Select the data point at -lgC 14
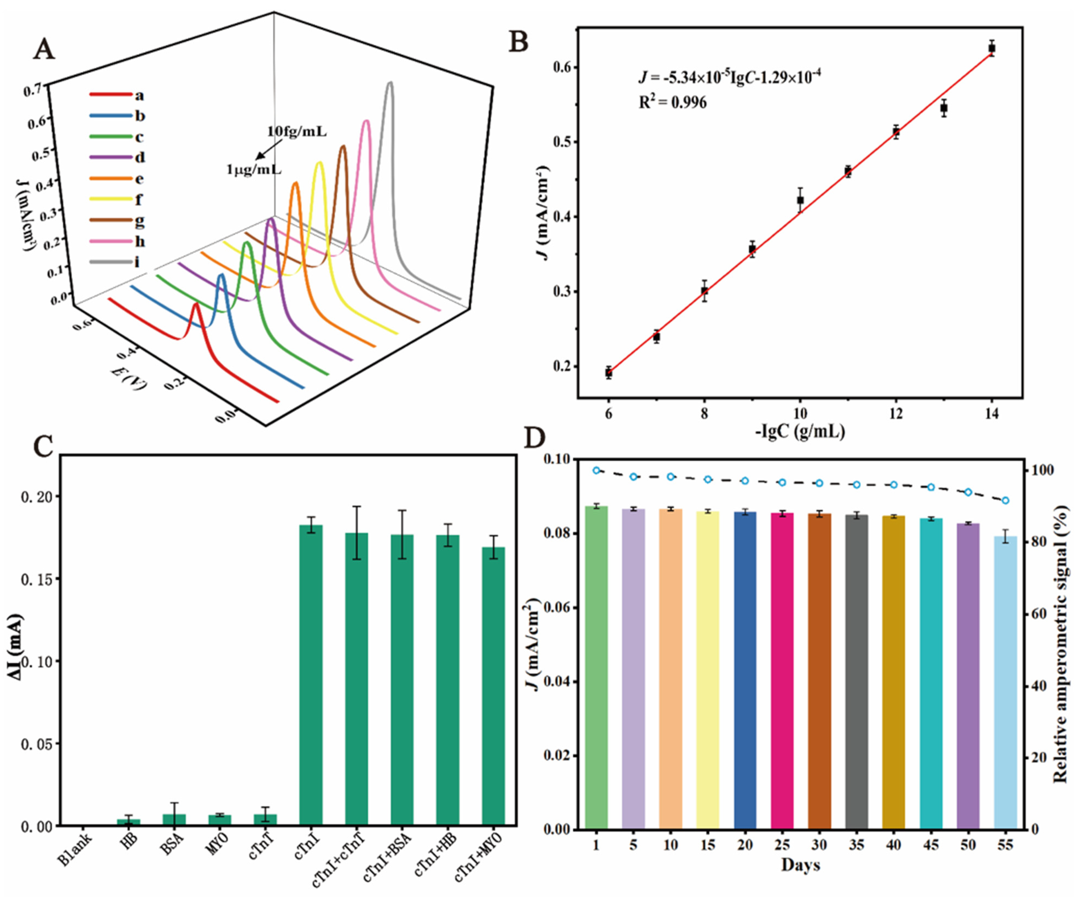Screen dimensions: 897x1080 pyautogui.click(x=992, y=48)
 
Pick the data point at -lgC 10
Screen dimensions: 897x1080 pyautogui.click(x=800, y=200)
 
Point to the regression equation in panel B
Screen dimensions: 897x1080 pyautogui.click(x=729, y=77)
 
